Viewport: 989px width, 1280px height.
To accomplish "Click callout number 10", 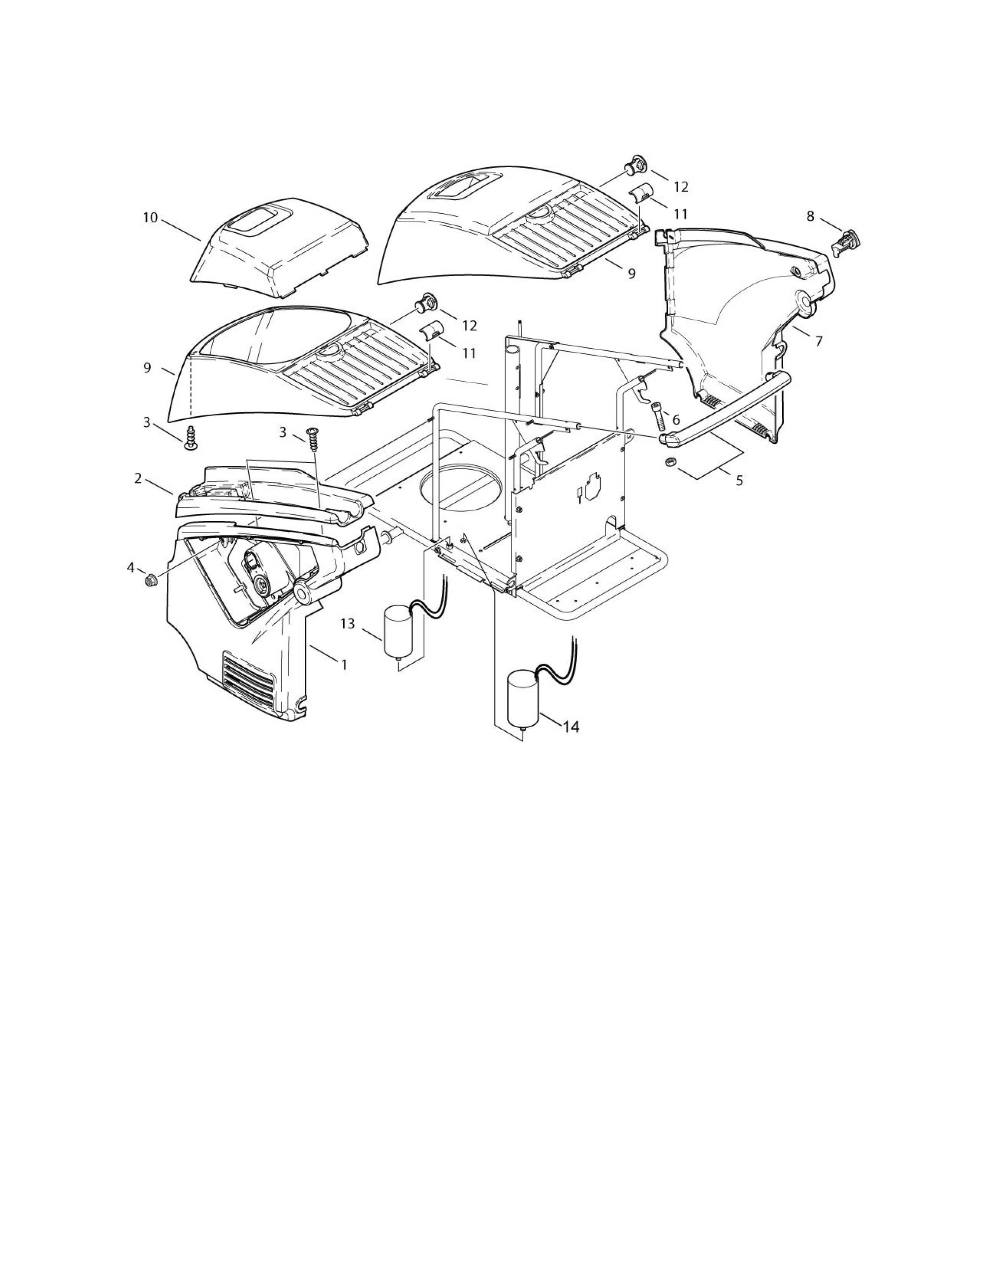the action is coord(150,218).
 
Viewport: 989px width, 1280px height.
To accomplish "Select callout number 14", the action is coord(571,727).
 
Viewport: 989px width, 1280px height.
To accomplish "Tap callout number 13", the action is coord(348,624).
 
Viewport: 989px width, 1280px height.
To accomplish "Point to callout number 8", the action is coord(810,216).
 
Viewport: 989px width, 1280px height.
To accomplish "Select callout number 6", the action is coord(676,420).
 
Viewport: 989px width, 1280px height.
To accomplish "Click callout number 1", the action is coord(344,664).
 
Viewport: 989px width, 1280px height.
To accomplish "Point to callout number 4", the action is coord(131,567).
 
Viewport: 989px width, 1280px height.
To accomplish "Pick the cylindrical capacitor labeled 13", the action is coord(398,633).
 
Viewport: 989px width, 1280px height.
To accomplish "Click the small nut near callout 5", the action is coord(671,462).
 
